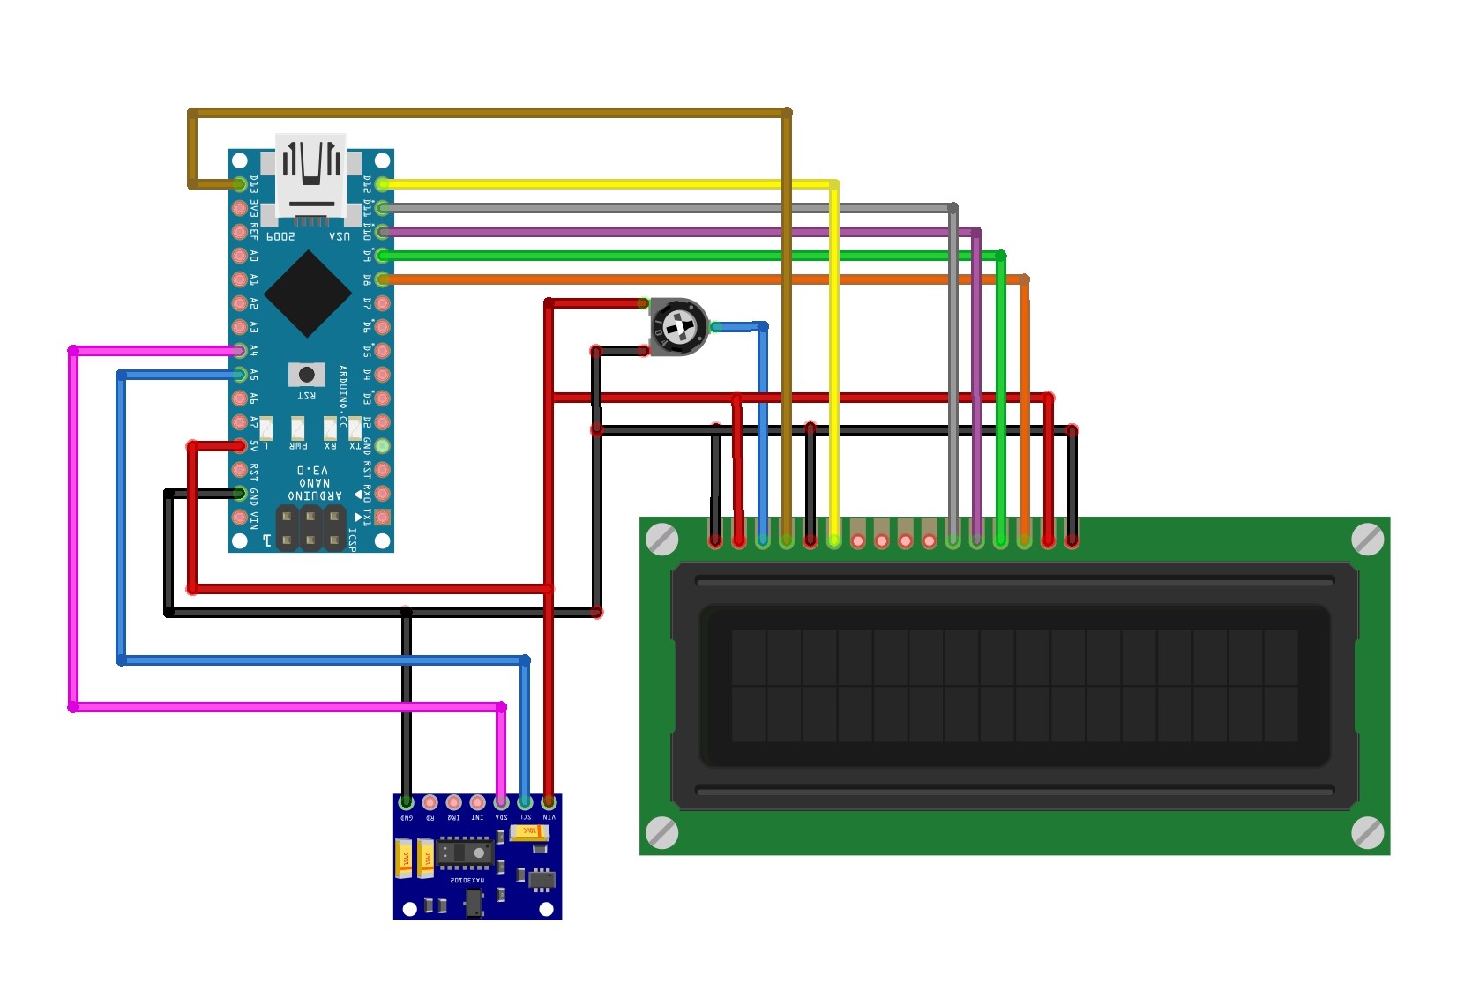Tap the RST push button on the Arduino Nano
tap(307, 374)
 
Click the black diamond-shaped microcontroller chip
tap(308, 294)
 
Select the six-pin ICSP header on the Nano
tap(310, 527)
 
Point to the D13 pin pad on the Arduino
tap(239, 184)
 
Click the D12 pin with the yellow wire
tap(382, 184)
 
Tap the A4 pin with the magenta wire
tap(239, 351)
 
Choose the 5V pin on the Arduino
tap(239, 446)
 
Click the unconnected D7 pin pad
tap(382, 303)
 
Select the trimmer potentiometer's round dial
tap(679, 327)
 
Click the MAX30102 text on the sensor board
tap(467, 880)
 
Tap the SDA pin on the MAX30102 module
tap(501, 802)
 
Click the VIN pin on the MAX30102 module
tap(549, 802)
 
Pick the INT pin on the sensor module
tap(477, 802)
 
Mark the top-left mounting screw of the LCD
tap(662, 539)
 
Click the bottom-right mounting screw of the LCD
tap(1367, 832)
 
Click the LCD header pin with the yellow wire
tap(834, 540)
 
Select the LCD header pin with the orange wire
tap(1024, 540)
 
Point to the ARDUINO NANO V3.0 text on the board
tap(314, 483)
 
